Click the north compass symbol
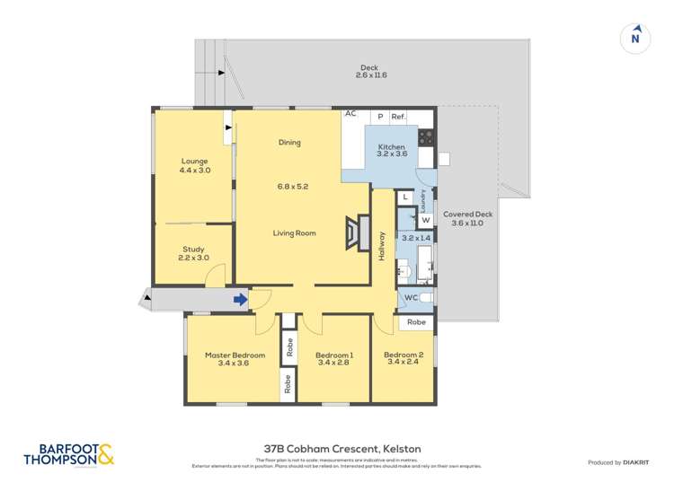[x=635, y=37]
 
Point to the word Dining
[x=289, y=143]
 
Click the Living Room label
[x=295, y=233]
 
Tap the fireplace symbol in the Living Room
[x=357, y=232]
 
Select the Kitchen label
[x=391, y=147]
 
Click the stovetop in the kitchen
[x=425, y=137]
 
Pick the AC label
[x=350, y=115]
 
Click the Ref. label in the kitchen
[x=398, y=117]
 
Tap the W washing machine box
[x=425, y=220]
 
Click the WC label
[x=411, y=296]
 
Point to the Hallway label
[x=382, y=246]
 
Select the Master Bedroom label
[x=235, y=355]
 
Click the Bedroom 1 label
[x=334, y=355]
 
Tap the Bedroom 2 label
[x=404, y=355]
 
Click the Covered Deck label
[x=468, y=215]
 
